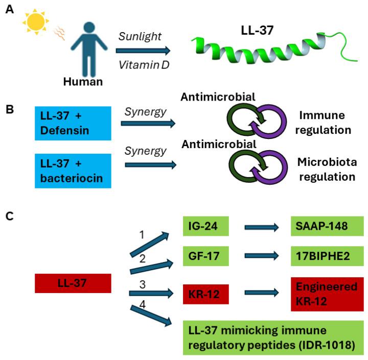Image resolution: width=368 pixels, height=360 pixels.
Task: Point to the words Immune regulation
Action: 325,123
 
